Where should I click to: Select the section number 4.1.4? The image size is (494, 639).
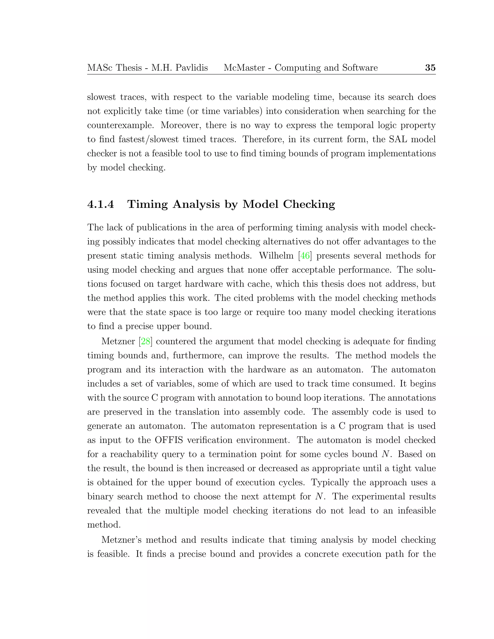(100, 204)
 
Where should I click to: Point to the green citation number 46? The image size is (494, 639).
(305, 256)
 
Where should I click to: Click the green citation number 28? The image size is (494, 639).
(145, 341)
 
